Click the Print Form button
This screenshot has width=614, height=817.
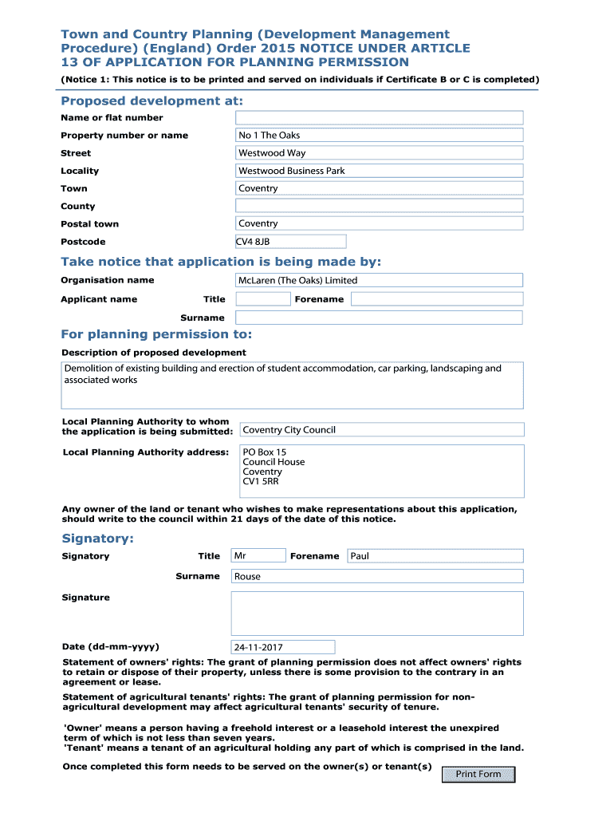tap(478, 774)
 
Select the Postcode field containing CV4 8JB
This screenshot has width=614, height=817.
tap(291, 242)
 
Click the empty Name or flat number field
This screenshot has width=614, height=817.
tap(380, 117)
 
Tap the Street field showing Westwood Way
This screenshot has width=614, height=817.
tap(380, 153)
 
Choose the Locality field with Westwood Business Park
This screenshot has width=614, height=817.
tap(380, 171)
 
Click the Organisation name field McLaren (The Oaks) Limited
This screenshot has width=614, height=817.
tap(380, 280)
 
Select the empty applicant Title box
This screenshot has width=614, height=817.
tap(263, 299)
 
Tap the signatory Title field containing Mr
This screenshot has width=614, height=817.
tap(258, 556)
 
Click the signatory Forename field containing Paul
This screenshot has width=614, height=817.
tap(435, 556)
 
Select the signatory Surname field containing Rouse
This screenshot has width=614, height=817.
tap(377, 576)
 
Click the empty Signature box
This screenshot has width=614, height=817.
tap(377, 613)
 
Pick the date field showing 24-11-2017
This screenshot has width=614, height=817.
tap(283, 647)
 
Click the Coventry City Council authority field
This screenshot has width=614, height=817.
tap(382, 430)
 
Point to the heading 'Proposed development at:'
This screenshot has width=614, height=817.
tap(152, 101)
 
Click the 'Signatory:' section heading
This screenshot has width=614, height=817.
tap(97, 539)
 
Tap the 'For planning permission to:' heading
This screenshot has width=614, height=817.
tap(156, 334)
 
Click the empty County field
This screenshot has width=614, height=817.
tap(380, 206)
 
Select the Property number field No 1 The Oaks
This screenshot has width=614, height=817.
tap(380, 136)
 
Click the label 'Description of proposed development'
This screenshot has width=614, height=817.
tap(154, 353)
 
